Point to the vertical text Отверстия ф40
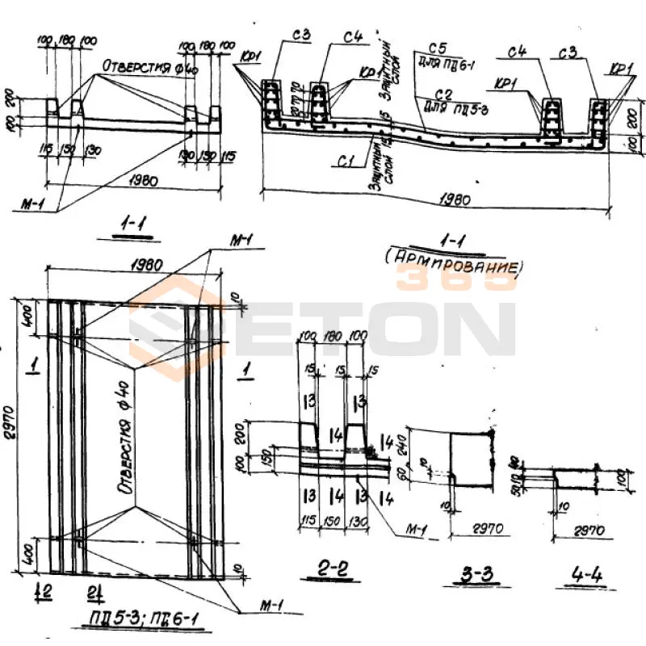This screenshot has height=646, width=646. click(128, 437)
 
